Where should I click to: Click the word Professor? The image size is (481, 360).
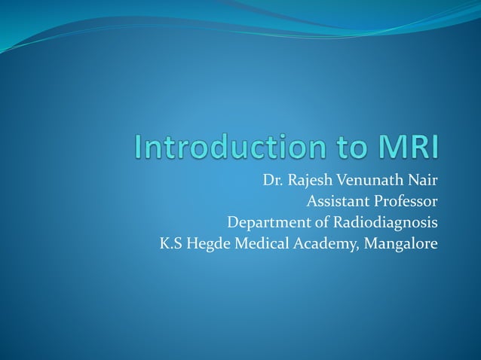404,202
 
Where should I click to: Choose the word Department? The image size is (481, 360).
264,224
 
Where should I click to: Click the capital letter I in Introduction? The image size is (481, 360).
138,147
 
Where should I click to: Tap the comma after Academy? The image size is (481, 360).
346,249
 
